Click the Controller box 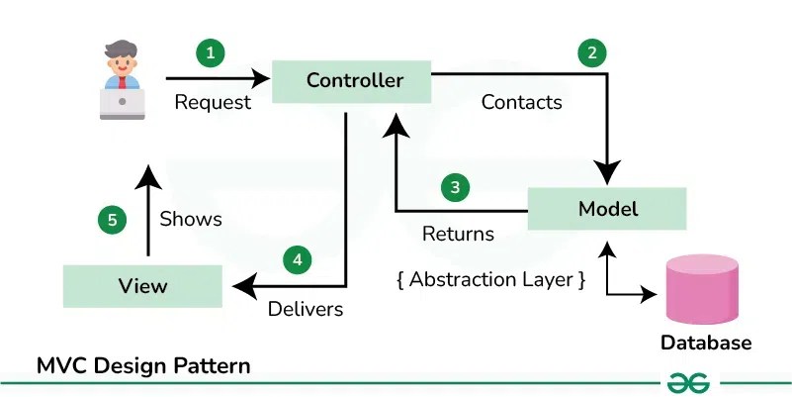(x=354, y=80)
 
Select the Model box (x=607, y=209)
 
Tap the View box (x=143, y=286)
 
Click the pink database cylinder (x=702, y=289)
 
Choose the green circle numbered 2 (x=591, y=53)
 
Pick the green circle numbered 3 (x=454, y=186)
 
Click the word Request (x=213, y=102)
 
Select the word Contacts (x=521, y=102)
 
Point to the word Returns (x=458, y=235)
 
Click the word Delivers (x=306, y=309)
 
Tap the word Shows (x=191, y=218)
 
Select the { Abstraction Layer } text (x=490, y=279)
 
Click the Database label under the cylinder (x=706, y=344)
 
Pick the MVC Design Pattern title (x=143, y=365)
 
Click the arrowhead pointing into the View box (x=242, y=286)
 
